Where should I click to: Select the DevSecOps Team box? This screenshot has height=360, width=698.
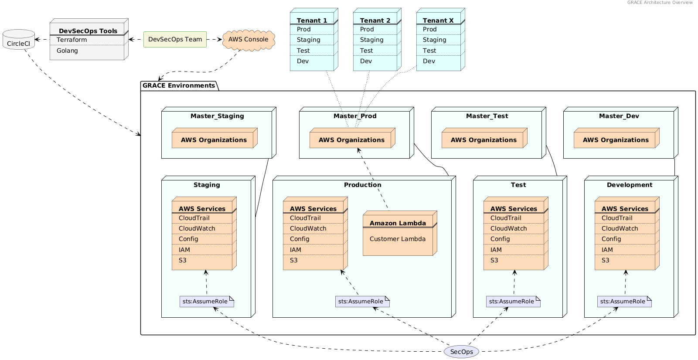coord(175,39)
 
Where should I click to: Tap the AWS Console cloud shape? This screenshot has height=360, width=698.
coord(249,39)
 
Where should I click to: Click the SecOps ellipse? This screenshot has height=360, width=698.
coord(461,352)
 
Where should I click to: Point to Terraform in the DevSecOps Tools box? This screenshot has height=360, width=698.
coord(72,40)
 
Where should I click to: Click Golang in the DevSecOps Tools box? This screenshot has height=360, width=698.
coord(67,51)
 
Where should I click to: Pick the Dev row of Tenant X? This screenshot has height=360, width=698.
coord(429,61)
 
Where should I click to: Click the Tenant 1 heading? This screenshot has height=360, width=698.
coord(312,20)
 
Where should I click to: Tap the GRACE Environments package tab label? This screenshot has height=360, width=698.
coord(179,85)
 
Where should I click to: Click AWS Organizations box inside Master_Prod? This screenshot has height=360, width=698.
coord(351,140)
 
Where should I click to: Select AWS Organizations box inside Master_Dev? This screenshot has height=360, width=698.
coord(615,140)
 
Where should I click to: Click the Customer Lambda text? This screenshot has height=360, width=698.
coord(397,239)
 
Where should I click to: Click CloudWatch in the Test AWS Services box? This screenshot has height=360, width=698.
coord(508,228)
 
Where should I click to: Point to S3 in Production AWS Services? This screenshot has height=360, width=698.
coord(294,260)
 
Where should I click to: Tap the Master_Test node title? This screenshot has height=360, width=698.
coord(487,116)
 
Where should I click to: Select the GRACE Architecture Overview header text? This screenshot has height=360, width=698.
coord(660,3)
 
